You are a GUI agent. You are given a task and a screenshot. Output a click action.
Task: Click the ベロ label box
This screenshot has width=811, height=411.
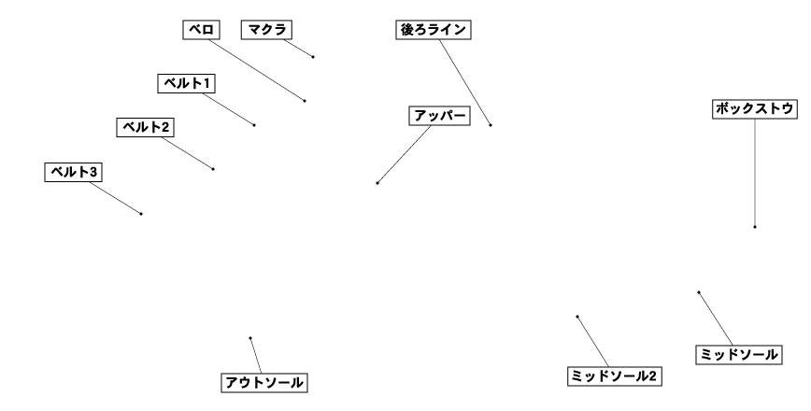pos(199,30)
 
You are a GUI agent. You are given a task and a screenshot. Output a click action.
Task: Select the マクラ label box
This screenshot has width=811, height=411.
pos(266,30)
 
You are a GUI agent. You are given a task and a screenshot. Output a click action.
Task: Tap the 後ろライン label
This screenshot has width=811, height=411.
pos(432,30)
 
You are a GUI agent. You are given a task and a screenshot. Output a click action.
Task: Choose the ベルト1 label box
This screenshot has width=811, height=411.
pos(186,83)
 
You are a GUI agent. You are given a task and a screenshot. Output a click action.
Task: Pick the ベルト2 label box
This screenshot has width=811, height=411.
pos(146,127)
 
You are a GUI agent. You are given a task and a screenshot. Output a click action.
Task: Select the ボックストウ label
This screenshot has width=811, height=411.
pos(755,109)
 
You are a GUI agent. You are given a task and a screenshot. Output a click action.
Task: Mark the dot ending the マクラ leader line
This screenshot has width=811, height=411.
pos(313,57)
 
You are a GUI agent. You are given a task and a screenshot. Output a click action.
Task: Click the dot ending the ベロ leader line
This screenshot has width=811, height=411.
pos(305,100)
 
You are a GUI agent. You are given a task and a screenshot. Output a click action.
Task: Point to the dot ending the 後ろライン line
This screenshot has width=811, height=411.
pos(491,124)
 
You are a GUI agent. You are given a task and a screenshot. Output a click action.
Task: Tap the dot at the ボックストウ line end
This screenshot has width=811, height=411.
pos(755,227)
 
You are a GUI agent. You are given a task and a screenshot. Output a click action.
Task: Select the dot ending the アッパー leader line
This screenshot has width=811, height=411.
pos(377,183)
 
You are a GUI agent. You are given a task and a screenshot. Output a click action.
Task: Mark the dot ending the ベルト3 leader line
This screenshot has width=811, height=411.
pos(141,214)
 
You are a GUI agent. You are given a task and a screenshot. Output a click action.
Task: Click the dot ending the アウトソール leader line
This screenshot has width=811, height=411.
pos(250,338)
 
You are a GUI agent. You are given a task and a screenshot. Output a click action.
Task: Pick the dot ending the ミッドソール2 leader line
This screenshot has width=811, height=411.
pos(577,317)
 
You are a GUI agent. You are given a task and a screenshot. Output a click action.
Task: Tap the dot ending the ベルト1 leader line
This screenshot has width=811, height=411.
pos(254,124)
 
